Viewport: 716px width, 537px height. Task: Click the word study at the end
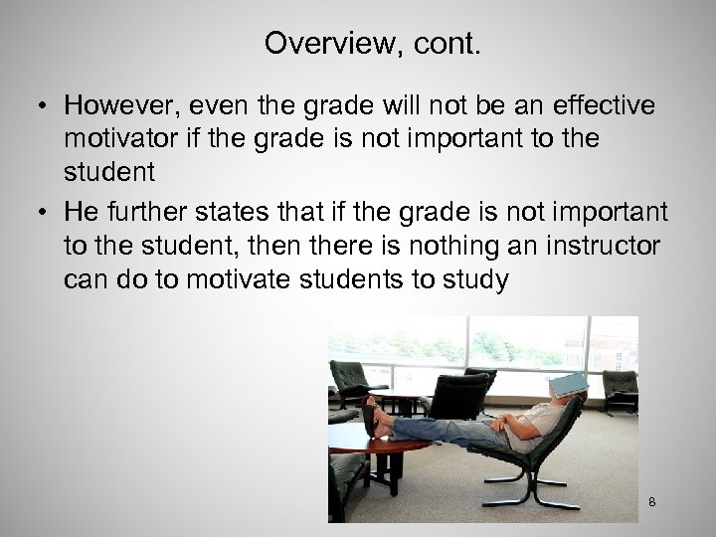(480, 280)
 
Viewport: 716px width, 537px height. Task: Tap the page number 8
(651, 502)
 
